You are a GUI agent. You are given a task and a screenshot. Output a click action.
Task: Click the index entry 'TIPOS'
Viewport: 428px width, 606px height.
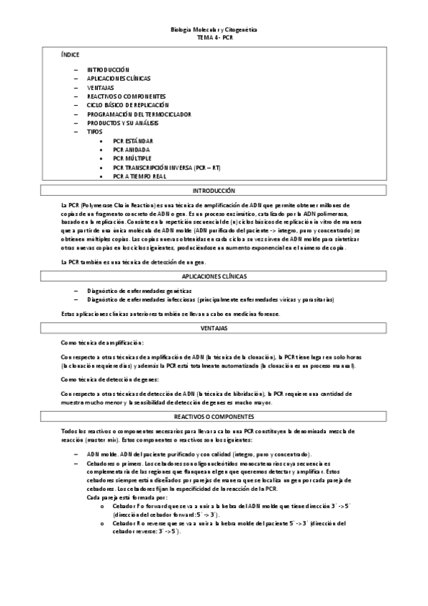[94, 131]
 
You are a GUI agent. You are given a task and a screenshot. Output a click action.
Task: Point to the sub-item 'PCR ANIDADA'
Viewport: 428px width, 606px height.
[131, 149]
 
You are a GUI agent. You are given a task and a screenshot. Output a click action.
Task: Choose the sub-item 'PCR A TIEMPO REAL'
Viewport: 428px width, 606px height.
[139, 176]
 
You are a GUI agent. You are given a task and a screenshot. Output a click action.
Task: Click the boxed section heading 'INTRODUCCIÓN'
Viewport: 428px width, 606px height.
[214, 191]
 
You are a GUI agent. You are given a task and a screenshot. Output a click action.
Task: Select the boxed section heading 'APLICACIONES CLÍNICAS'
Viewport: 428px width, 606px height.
[214, 275]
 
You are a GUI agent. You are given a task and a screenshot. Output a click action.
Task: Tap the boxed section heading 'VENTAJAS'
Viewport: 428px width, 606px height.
[214, 327]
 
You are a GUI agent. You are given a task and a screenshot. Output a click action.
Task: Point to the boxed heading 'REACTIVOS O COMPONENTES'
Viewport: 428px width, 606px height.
[214, 416]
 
